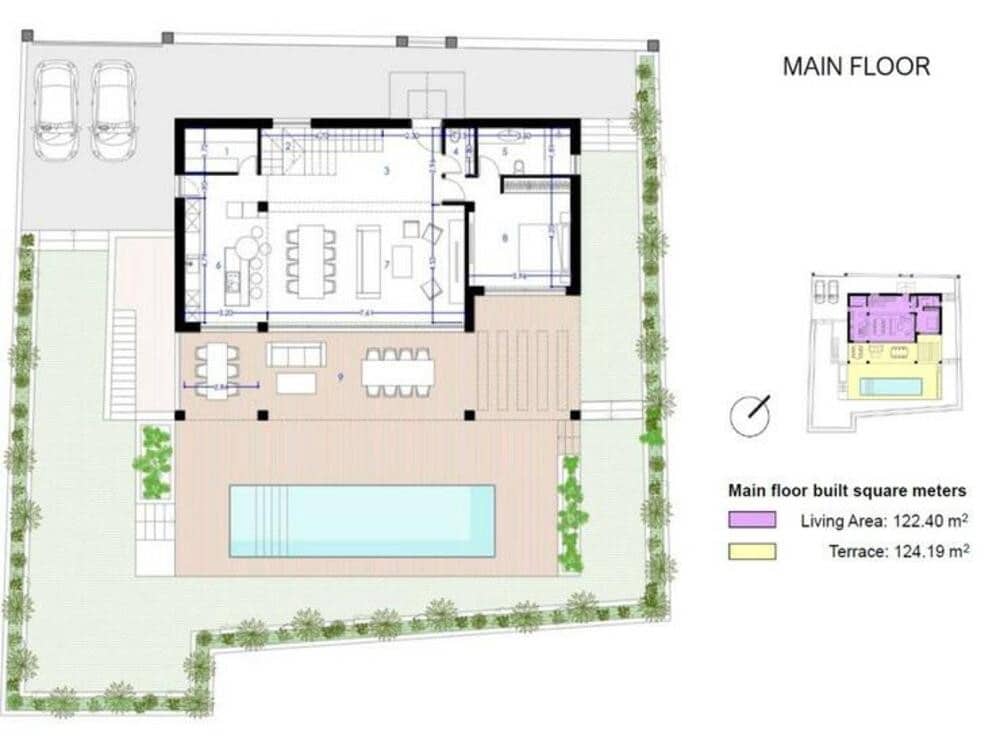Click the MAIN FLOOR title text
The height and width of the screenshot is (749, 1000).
(x=856, y=67)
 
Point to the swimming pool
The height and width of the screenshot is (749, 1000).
(x=362, y=520)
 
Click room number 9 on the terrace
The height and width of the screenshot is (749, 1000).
(x=341, y=376)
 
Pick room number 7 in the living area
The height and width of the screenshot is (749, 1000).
(x=385, y=263)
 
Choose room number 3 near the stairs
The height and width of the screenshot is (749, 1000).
(x=386, y=171)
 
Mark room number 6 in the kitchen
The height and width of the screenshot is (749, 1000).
(x=217, y=265)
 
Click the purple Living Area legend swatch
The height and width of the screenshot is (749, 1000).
(x=752, y=520)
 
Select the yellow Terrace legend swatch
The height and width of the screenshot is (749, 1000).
(x=752, y=551)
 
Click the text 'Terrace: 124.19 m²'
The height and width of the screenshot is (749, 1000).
(x=898, y=550)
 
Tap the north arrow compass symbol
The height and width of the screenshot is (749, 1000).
(x=750, y=415)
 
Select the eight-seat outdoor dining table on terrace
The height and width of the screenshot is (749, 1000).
(x=399, y=372)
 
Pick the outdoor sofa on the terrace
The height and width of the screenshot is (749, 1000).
(x=296, y=354)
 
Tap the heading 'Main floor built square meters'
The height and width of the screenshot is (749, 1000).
(x=847, y=491)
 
